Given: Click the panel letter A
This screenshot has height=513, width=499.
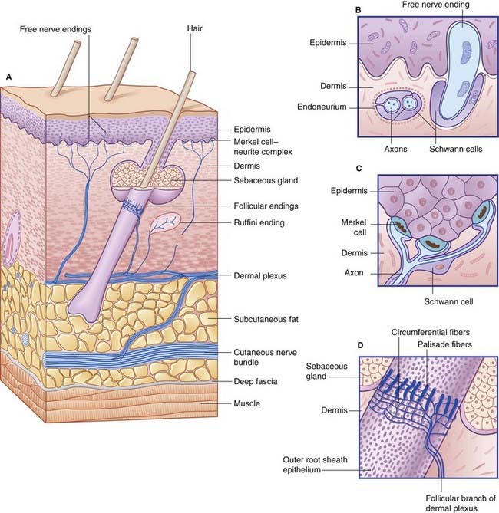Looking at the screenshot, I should pyautogui.click(x=8, y=77).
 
